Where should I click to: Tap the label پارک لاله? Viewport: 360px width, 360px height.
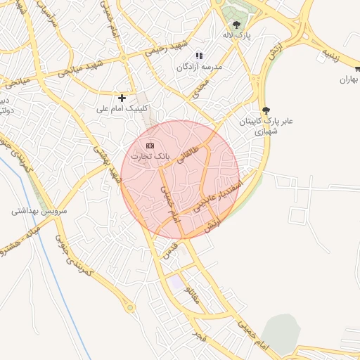(x=240, y=34)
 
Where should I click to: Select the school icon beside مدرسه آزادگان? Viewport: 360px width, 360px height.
(x=199, y=55)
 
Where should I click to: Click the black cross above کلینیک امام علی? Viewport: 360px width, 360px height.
(x=122, y=98)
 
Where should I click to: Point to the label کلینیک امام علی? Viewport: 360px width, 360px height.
(x=120, y=109)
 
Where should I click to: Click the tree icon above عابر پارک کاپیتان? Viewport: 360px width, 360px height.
(x=265, y=110)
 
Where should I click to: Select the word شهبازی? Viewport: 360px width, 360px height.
(x=265, y=131)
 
